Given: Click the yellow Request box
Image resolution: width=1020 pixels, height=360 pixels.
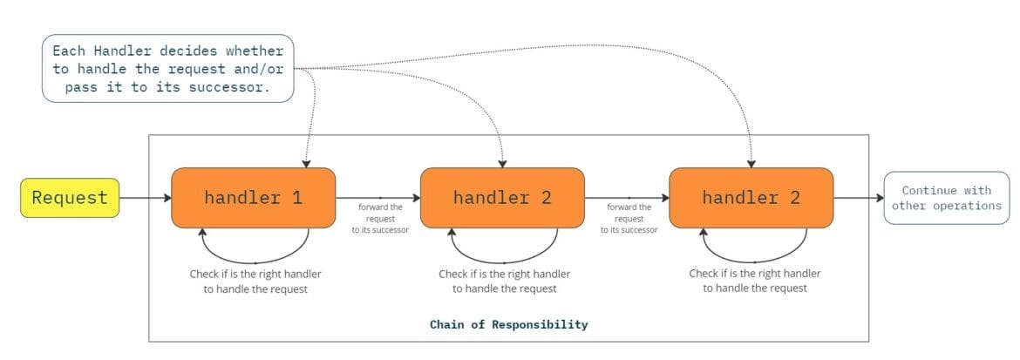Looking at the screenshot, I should pos(70,198).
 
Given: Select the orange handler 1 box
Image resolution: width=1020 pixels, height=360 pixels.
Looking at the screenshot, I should pos(254,198).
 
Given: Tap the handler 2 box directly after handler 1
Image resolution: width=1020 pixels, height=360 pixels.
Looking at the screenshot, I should pos(502,198).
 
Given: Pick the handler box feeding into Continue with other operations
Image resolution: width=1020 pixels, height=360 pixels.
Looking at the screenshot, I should pos(751,198).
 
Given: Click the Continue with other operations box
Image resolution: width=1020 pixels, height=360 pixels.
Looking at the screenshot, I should pos(946,198).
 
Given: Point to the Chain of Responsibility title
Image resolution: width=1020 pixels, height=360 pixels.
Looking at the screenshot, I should pos(508,324).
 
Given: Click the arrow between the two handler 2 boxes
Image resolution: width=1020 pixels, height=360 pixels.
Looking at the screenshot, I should pos(627,198).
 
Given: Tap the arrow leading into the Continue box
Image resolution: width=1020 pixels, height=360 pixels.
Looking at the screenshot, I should pos(859,198).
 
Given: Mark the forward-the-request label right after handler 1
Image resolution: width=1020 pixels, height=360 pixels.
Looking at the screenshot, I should pos(380,218).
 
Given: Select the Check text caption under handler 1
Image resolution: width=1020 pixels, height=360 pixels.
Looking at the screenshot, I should pos(255,281).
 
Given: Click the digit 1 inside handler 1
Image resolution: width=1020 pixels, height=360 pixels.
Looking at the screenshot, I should pos(297,198).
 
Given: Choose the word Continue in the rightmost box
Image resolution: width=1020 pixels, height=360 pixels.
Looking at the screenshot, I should pos(928,190).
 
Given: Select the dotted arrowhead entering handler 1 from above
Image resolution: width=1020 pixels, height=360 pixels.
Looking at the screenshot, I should pos(305,162).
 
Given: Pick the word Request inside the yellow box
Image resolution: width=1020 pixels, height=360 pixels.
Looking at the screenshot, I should pos(70,198).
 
